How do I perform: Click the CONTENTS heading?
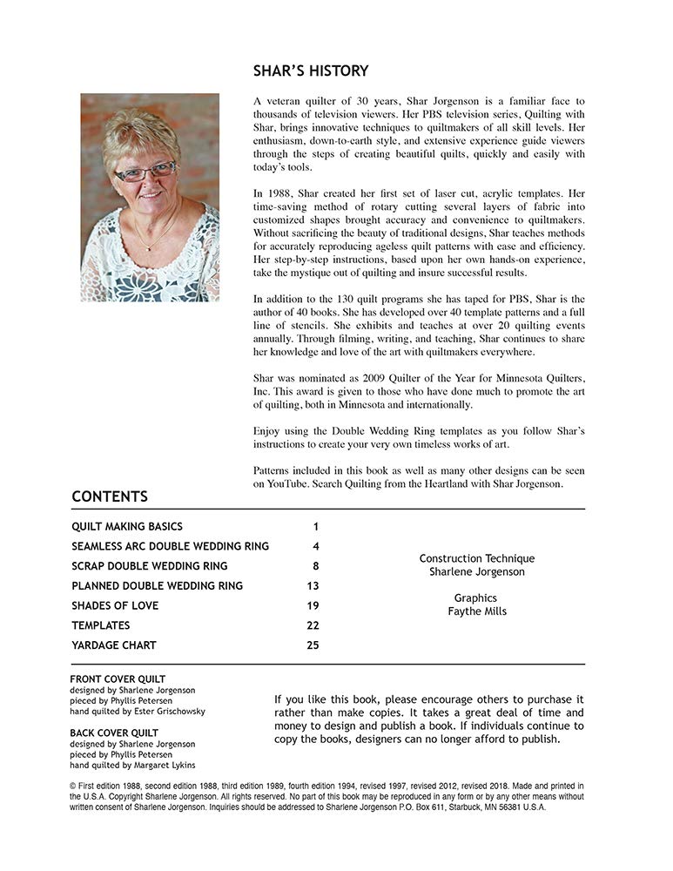coord(110,497)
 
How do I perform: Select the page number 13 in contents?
coord(313,586)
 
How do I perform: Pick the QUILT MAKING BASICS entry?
coord(127,527)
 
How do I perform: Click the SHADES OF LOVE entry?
coord(115,605)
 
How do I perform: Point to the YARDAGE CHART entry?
coord(113,645)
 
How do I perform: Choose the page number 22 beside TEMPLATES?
coord(313,625)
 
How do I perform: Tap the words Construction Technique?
coord(477,558)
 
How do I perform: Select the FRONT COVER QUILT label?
coord(118,679)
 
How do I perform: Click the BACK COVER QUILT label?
coord(114,733)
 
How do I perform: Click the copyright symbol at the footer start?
coord(72,786)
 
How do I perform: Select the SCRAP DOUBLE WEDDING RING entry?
coord(138,566)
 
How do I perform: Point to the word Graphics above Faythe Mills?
coord(475,598)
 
